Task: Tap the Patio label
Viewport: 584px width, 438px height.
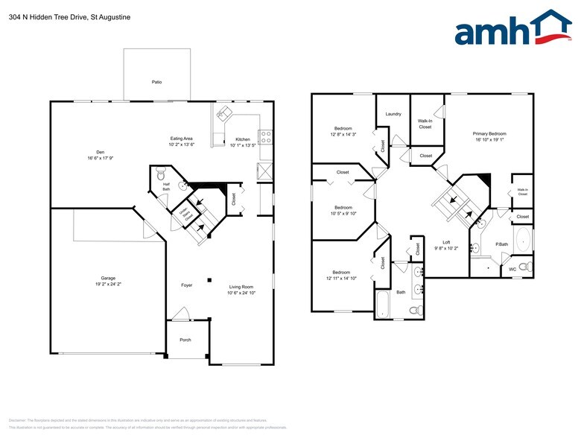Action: click(x=156, y=82)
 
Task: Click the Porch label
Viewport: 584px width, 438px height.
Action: click(x=185, y=340)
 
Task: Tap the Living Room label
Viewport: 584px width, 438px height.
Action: click(x=241, y=287)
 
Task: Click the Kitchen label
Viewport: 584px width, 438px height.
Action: click(x=243, y=139)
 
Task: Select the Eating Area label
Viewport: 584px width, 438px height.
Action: click(x=181, y=139)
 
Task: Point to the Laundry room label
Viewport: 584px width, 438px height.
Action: click(x=393, y=114)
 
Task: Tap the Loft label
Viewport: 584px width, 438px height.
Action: click(x=446, y=242)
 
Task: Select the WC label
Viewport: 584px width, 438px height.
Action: click(x=512, y=269)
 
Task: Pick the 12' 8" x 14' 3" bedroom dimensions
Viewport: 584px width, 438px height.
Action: click(x=343, y=135)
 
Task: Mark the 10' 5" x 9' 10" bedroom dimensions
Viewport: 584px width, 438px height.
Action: click(x=343, y=213)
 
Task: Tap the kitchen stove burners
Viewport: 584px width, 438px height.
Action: click(x=265, y=136)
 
